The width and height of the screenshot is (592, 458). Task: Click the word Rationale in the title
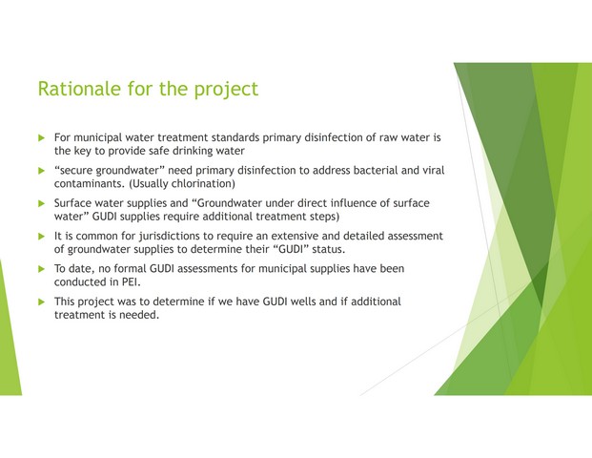tap(79, 89)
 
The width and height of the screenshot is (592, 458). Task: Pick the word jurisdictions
tap(170, 237)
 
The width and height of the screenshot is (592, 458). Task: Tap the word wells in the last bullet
tap(304, 302)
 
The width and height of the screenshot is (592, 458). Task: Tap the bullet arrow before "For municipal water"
tap(42, 138)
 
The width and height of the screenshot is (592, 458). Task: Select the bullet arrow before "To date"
tap(42, 269)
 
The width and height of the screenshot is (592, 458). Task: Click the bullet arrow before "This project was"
tap(42, 302)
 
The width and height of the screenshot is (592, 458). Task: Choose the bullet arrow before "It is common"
tap(42, 237)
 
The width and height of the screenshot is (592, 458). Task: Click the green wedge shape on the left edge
tap(9, 340)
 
